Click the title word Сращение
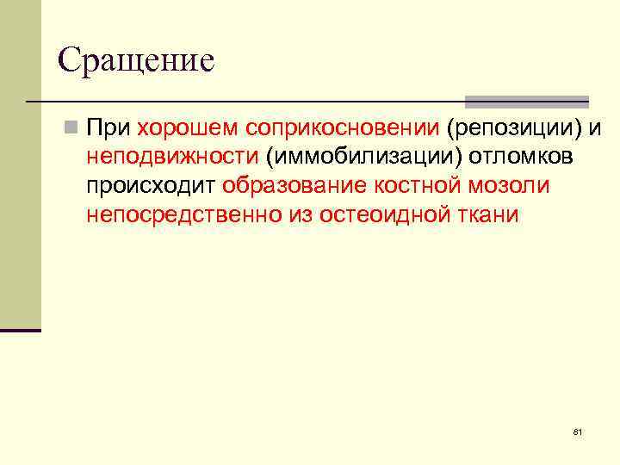[x=136, y=60]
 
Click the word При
[x=108, y=129]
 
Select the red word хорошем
[x=187, y=129]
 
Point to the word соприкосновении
[x=342, y=129]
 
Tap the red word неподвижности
[x=172, y=158]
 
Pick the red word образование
[x=295, y=186]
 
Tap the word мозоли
[x=512, y=186]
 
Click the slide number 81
[x=578, y=431]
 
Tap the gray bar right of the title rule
[x=526, y=101]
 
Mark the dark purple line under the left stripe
[x=21, y=330]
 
